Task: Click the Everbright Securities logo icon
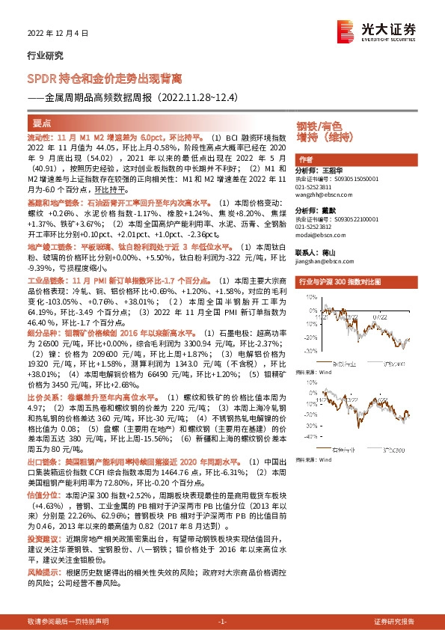(x=346, y=30)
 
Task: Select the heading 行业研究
(x=42, y=55)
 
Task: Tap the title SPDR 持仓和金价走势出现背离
(x=104, y=78)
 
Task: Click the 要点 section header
(x=43, y=123)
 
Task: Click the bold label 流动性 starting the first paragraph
(x=41, y=138)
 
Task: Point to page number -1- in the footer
(x=221, y=621)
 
